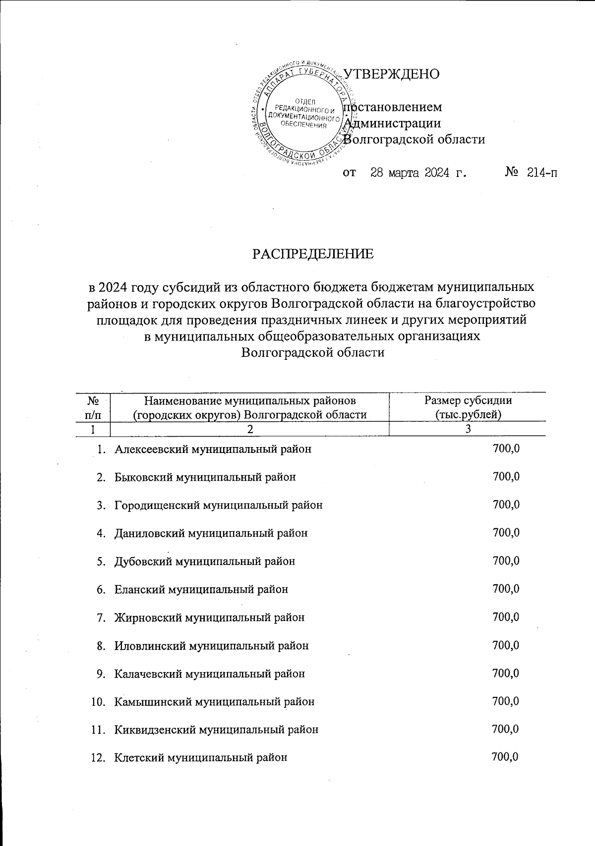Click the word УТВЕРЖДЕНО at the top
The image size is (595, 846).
(391, 74)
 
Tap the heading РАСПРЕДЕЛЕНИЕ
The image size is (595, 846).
(313, 254)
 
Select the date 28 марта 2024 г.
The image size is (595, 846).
(419, 173)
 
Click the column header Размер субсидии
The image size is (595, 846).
(468, 400)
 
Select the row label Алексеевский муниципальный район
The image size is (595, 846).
(213, 449)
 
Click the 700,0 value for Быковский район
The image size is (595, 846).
(506, 477)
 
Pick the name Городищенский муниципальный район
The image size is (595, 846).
(219, 505)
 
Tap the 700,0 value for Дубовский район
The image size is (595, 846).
(506, 561)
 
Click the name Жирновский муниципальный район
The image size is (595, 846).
(209, 618)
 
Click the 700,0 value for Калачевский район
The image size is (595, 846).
(506, 674)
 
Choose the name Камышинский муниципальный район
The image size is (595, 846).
(214, 702)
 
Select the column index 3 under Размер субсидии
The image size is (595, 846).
(468, 429)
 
